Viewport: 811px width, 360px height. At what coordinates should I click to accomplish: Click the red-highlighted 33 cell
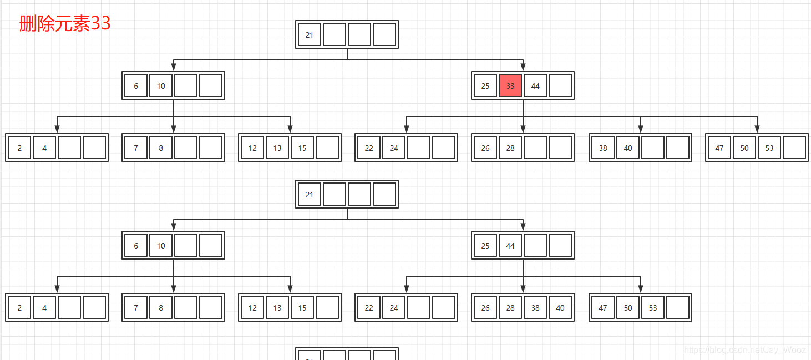[510, 86]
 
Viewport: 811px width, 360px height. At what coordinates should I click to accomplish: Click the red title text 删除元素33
[65, 23]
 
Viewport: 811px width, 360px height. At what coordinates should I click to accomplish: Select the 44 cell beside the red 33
[535, 86]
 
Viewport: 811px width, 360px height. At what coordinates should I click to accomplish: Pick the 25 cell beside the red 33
[485, 86]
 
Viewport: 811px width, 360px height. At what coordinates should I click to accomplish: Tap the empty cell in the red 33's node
[560, 86]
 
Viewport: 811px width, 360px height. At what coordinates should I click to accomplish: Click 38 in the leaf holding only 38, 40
[603, 148]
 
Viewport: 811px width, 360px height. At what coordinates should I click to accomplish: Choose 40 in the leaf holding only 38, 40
[628, 148]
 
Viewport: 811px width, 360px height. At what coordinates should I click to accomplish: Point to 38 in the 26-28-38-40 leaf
[535, 308]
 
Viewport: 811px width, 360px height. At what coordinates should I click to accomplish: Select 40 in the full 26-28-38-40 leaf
[560, 308]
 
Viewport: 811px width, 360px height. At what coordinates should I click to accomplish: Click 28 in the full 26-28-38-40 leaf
[510, 308]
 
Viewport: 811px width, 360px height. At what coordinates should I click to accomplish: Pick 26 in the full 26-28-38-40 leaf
[485, 308]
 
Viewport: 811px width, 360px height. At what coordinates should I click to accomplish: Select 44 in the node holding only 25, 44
[510, 246]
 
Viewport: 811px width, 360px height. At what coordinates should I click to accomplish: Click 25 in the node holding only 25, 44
[485, 246]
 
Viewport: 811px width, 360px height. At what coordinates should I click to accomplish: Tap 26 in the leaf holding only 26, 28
[485, 148]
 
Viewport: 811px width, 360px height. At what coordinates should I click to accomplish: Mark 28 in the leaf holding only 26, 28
[510, 148]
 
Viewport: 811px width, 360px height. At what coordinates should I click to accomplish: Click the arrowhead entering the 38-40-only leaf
[641, 129]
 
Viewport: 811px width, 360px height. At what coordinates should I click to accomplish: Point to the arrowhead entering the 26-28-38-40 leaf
[523, 289]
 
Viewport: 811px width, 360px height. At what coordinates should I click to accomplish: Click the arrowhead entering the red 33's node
[523, 67]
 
